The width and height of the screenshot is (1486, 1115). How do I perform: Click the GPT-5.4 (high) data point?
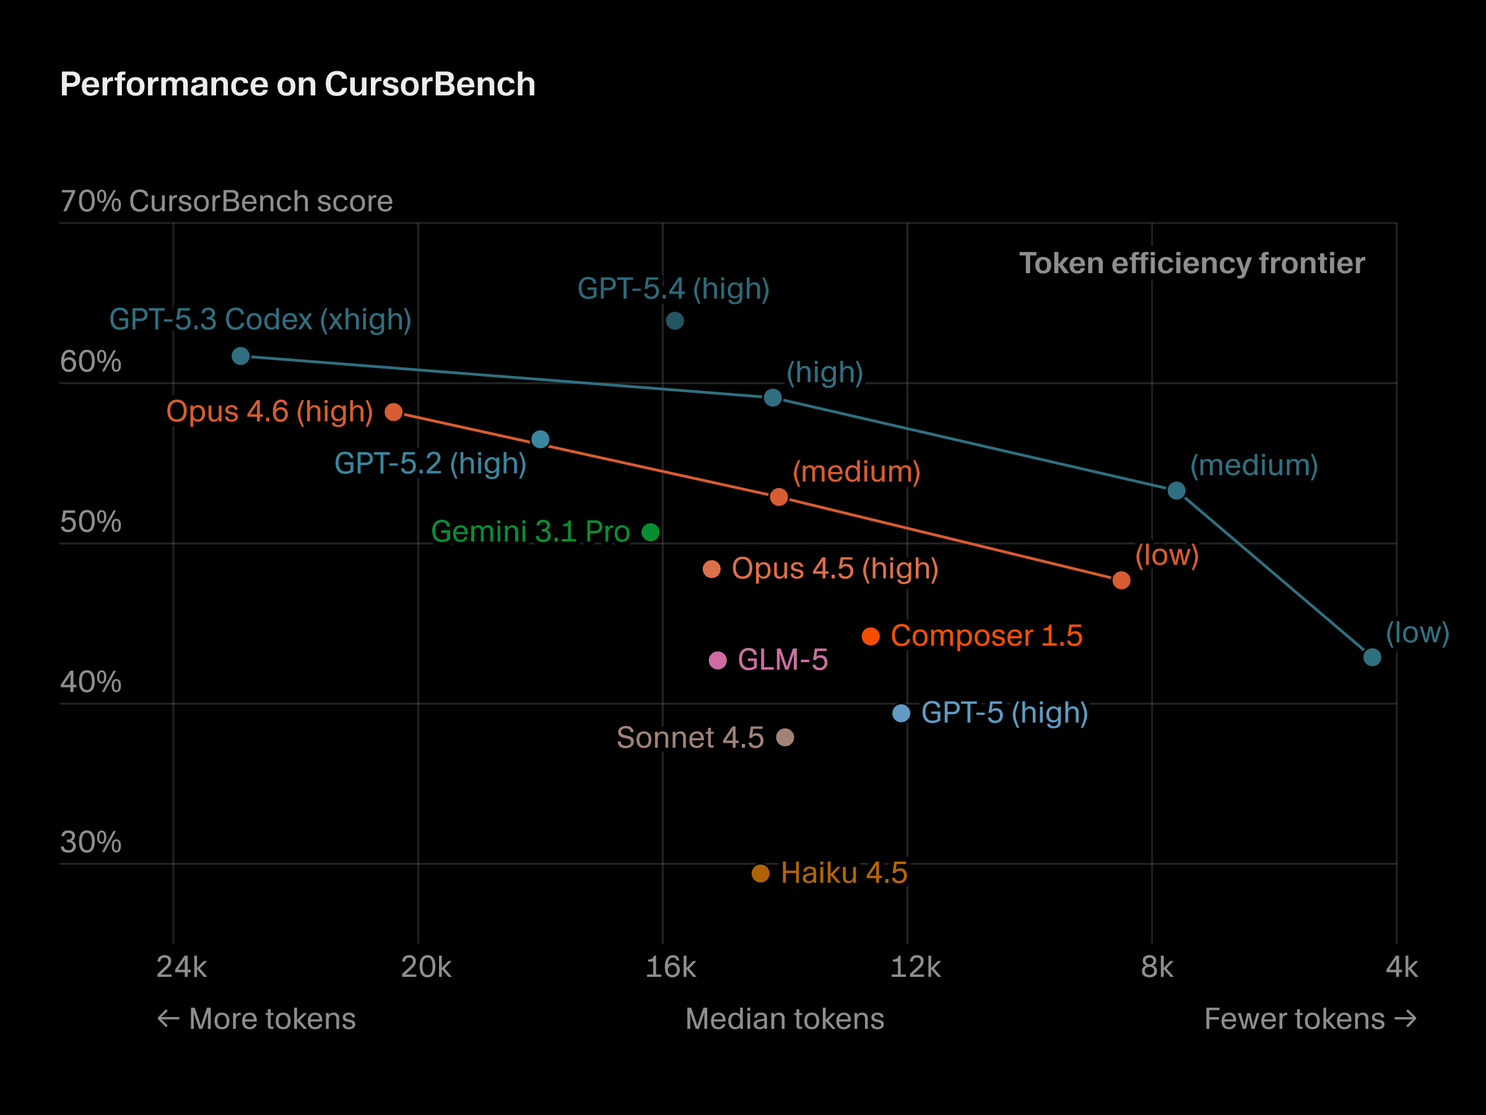pos(674,321)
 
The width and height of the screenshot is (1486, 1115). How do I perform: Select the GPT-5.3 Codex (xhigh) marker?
pos(240,356)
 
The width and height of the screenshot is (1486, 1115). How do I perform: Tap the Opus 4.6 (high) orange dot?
pos(394,412)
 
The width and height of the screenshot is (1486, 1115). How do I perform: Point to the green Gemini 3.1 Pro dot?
pos(650,532)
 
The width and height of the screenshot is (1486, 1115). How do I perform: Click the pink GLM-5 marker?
pos(718,661)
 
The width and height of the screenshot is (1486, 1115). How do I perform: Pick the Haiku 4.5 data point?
pos(760,873)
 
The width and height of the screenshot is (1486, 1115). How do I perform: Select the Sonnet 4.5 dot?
pos(784,738)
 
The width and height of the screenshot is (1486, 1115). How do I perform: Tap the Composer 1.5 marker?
pos(871,636)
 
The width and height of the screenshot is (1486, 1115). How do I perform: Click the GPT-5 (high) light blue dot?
pos(901,714)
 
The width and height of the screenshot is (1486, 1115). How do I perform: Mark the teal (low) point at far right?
pos(1372,657)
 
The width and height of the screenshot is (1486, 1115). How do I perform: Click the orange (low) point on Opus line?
pos(1121,580)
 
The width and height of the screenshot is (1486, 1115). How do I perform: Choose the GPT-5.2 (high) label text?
pos(430,464)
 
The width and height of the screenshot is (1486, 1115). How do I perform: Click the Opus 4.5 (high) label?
pos(835,569)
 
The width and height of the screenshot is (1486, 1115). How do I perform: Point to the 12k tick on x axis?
pos(915,968)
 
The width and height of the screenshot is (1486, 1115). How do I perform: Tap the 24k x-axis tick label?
pos(181,968)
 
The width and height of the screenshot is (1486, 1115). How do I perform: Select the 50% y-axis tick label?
pos(90,522)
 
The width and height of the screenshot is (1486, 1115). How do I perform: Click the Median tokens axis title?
pos(784,1019)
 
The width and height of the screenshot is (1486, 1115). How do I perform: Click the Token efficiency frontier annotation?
pos(1191,263)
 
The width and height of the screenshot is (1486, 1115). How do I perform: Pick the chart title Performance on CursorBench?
pos(298,85)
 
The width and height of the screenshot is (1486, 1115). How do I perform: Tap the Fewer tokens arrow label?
pos(1310,1019)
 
